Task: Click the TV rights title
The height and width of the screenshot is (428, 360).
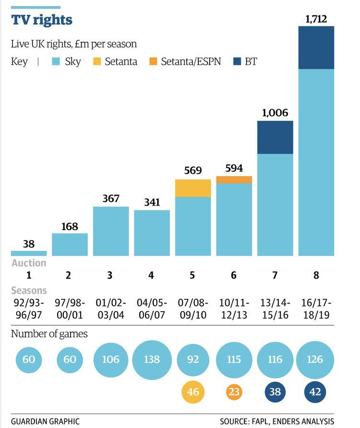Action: click(42, 20)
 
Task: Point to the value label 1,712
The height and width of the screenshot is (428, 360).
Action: click(316, 19)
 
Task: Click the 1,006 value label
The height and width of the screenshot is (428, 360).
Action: click(275, 113)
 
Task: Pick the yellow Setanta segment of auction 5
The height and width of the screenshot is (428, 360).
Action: click(193, 188)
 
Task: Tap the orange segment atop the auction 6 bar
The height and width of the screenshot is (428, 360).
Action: click(234, 180)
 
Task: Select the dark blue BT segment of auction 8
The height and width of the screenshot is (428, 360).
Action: click(316, 48)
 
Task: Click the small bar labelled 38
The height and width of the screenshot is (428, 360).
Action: click(29, 253)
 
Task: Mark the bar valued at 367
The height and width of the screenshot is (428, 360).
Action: click(111, 231)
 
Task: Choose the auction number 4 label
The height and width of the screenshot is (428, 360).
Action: click(152, 276)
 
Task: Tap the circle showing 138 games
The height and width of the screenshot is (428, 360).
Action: click(152, 359)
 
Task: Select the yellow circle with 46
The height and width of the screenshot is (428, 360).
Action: click(193, 392)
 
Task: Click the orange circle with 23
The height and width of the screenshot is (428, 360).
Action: click(234, 392)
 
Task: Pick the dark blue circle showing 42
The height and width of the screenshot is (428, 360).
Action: click(316, 392)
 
